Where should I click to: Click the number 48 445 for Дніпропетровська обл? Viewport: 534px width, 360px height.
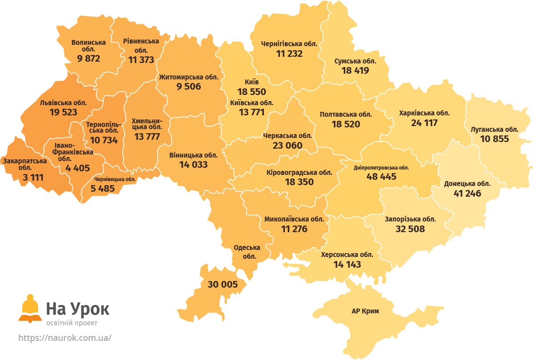coord(381,176)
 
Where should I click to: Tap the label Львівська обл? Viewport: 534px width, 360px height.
coord(64,103)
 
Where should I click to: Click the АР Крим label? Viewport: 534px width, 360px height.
coord(365,311)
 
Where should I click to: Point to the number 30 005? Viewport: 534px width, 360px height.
coord(223,285)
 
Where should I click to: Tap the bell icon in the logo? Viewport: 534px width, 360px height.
coord(30,307)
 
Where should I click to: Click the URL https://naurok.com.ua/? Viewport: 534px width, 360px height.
coord(65,338)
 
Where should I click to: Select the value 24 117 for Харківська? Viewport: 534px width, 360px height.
coord(424,123)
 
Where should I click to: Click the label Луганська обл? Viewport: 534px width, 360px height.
coord(494,130)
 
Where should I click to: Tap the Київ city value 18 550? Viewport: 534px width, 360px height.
coord(251,92)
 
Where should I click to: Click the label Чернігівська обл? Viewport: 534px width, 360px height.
coord(289,44)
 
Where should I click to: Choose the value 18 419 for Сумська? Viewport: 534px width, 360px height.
coord(355,70)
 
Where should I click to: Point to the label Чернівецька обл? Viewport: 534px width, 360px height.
coord(115,179)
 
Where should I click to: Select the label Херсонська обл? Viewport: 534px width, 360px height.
coord(347,255)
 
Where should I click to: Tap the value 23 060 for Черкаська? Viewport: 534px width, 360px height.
coord(287,145)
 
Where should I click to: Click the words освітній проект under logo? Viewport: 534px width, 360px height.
coord(72,323)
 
